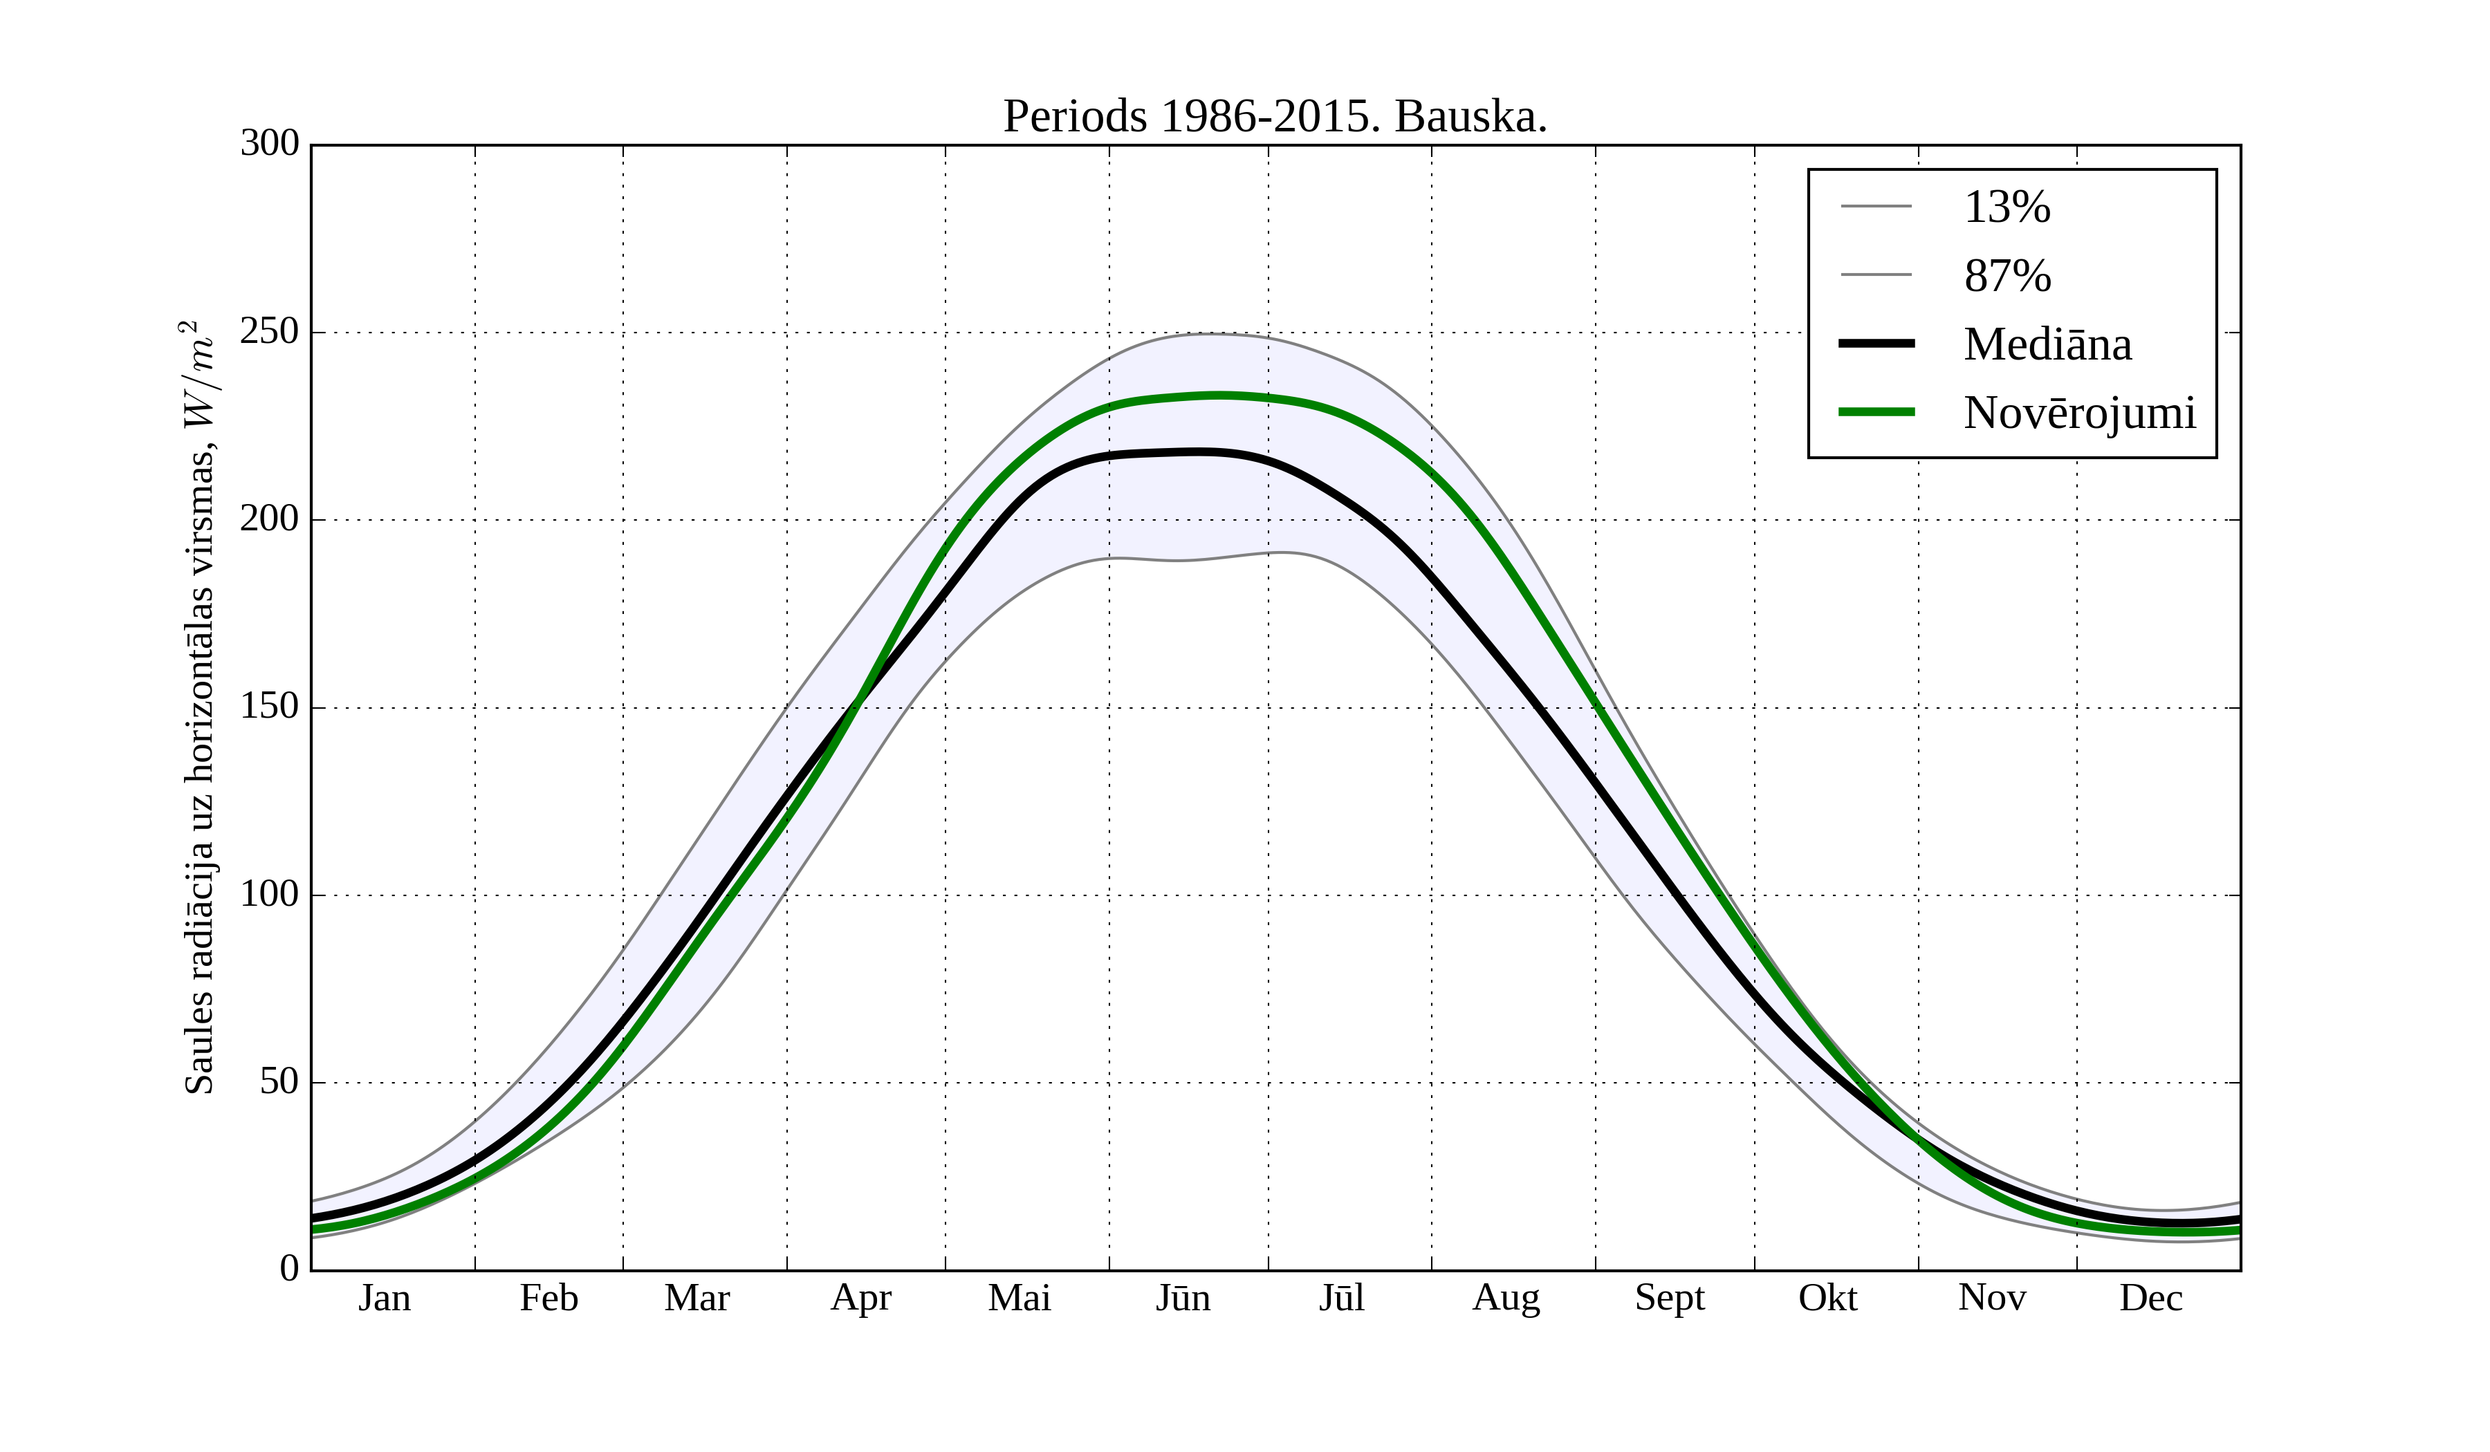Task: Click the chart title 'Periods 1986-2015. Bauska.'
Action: coord(1275,117)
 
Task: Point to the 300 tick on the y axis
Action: coord(270,145)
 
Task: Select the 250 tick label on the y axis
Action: coord(270,332)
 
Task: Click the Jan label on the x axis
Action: coord(385,1298)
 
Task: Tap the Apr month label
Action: coord(860,1298)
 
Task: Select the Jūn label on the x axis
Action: coord(1183,1298)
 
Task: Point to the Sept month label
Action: coord(1670,1298)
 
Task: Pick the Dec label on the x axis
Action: coord(2151,1298)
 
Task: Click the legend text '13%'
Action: coord(2007,207)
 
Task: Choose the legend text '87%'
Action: coord(2007,276)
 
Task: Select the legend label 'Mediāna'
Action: coord(2047,345)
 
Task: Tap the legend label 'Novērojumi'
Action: coord(2080,413)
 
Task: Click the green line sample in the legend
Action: coord(1876,412)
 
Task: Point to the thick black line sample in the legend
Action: coord(1876,344)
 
